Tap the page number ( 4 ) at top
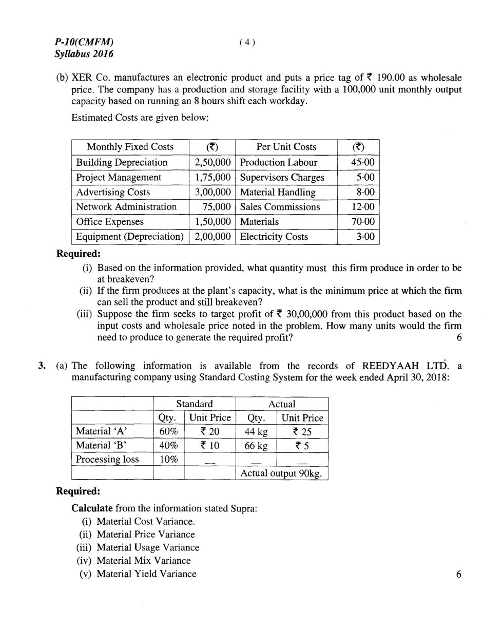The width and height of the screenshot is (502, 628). point(247,43)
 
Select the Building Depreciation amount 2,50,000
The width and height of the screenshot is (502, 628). point(212,163)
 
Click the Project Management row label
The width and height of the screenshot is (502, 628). point(119,178)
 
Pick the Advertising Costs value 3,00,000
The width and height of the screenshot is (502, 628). point(212,192)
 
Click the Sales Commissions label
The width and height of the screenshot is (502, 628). point(280,207)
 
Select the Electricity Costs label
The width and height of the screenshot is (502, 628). point(274,237)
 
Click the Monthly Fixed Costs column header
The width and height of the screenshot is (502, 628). point(130,147)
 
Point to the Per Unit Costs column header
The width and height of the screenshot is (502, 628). point(286,147)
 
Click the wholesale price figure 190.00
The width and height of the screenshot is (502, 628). point(391,78)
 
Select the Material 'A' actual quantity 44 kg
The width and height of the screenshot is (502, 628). point(255,432)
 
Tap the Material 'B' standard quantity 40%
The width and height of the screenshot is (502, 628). point(168,446)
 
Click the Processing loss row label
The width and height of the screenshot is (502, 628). point(107,460)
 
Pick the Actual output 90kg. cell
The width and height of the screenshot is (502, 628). point(281,473)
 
